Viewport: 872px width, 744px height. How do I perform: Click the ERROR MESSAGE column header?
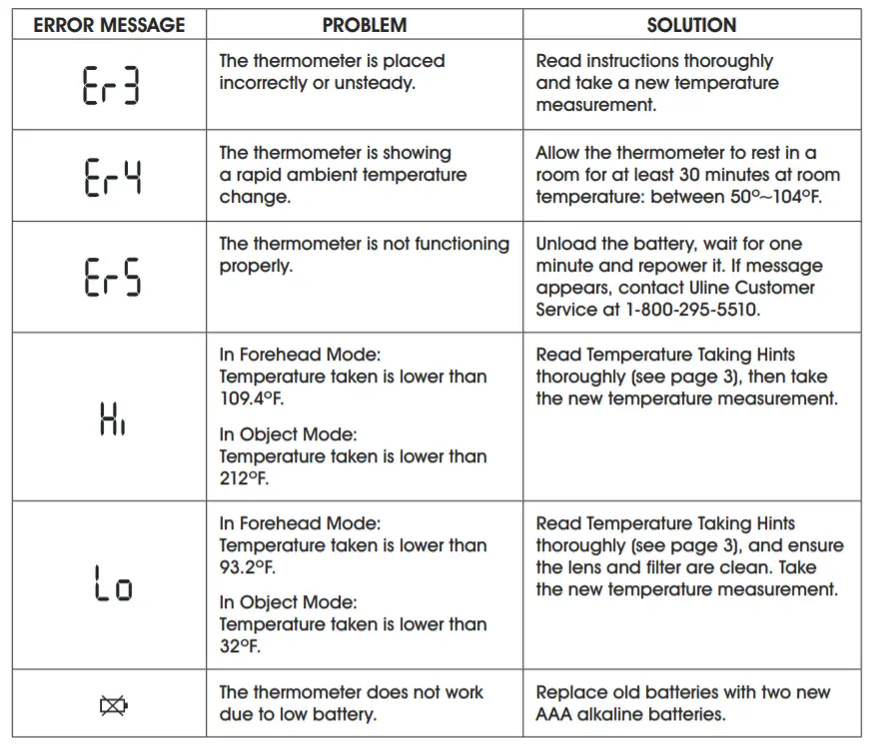(x=109, y=25)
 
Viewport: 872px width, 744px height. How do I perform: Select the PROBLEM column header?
(x=364, y=25)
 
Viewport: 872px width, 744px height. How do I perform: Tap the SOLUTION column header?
(x=691, y=25)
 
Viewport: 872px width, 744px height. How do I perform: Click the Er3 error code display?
(x=110, y=85)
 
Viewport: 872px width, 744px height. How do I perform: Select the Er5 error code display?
(x=110, y=277)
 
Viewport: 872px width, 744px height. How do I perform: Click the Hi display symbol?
(x=112, y=417)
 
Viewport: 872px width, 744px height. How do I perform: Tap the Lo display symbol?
(x=110, y=584)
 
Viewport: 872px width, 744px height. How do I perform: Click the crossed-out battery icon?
(x=110, y=706)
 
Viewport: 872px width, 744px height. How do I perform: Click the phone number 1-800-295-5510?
(x=690, y=310)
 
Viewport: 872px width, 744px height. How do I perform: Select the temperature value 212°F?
(x=245, y=478)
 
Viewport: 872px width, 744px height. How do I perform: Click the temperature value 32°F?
(x=240, y=646)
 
